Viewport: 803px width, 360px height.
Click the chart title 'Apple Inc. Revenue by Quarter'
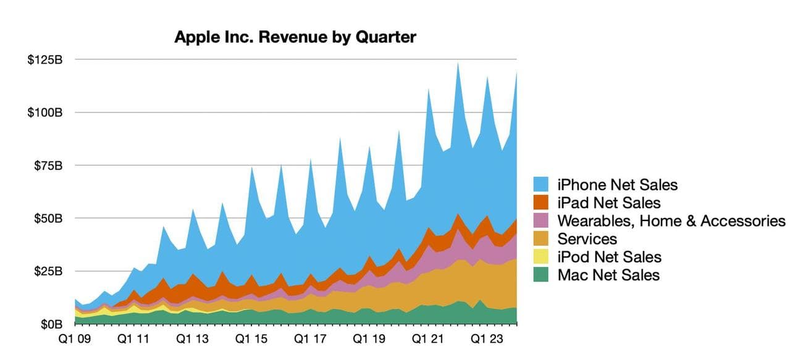(x=295, y=37)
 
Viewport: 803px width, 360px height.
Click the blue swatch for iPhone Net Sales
(x=542, y=184)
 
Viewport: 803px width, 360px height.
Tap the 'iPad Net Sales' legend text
(x=608, y=203)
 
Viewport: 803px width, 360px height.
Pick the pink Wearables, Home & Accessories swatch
(x=542, y=220)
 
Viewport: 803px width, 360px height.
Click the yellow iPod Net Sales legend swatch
(x=542, y=257)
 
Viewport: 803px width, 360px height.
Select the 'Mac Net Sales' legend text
(x=608, y=275)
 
